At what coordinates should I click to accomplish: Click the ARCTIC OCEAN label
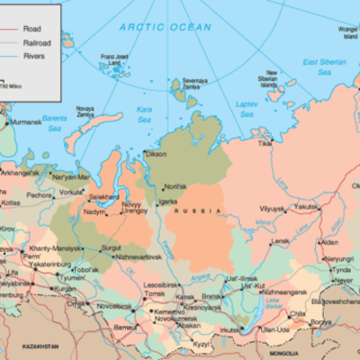click(166, 27)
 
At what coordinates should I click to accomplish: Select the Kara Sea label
click(144, 114)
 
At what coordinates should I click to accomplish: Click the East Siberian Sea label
click(323, 66)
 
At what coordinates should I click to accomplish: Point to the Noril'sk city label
click(174, 186)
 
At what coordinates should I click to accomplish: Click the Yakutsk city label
click(307, 205)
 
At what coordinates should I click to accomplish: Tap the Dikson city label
click(155, 154)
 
